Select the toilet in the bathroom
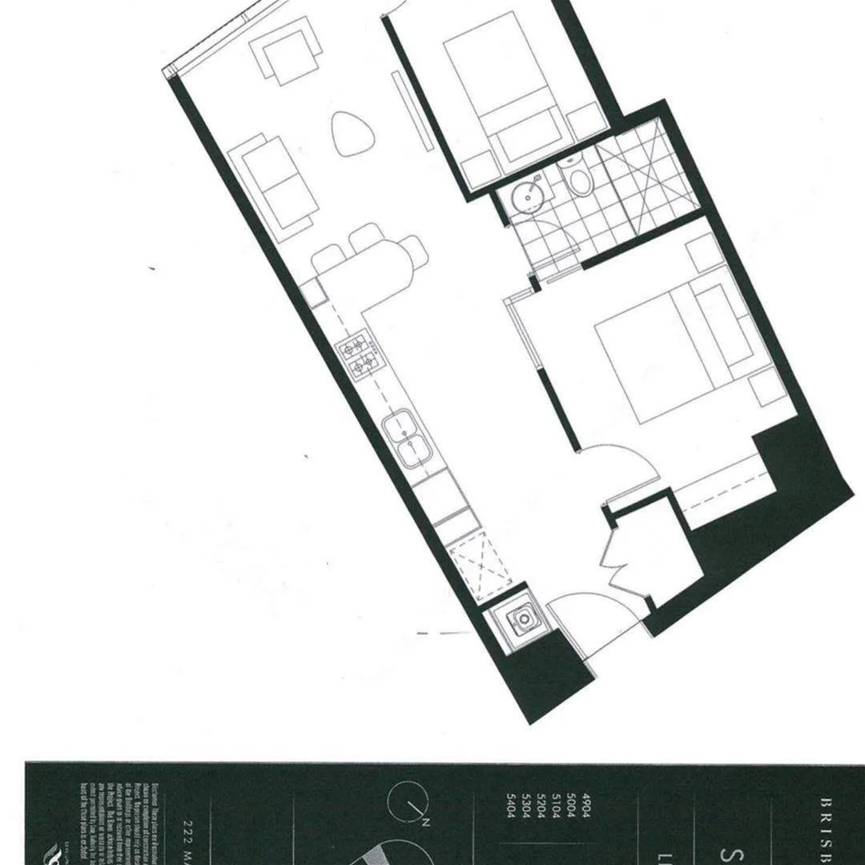pyautogui.click(x=578, y=180)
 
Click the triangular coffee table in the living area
pyautogui.click(x=352, y=133)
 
